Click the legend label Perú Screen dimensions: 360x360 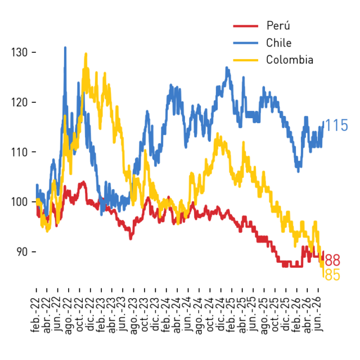point(278,25)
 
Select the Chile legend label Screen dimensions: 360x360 point(279,43)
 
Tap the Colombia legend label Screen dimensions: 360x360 point(290,60)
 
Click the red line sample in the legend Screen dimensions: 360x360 point(246,26)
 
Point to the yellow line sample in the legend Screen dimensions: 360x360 point(246,60)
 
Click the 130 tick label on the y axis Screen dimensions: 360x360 point(19,52)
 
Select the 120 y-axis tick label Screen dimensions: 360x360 point(19,102)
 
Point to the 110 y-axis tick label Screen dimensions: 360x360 point(19,152)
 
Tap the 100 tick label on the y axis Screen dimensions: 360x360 point(19,202)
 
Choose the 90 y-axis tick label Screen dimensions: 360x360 point(22,252)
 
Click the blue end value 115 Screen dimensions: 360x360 point(336,125)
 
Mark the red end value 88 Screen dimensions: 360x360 point(332,260)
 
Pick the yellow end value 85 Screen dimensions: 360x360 point(332,274)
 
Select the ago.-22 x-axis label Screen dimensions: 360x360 point(68,316)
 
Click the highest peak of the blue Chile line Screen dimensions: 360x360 point(65,47)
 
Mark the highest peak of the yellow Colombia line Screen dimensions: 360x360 point(86,53)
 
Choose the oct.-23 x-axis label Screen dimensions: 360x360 point(144,314)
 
